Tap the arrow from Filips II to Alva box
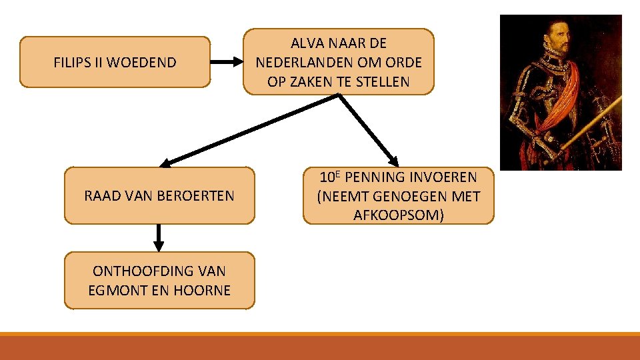point(227,62)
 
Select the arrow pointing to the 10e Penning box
point(369,130)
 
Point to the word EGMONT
point(114,291)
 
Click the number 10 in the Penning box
point(326,178)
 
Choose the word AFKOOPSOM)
point(399,215)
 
